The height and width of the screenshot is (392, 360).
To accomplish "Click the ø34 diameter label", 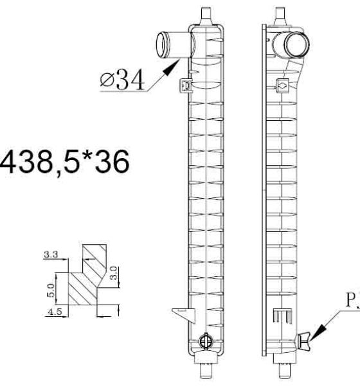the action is (x=122, y=80).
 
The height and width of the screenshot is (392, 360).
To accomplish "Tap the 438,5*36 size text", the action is (x=64, y=162).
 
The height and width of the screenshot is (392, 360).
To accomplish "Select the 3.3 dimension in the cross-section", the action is (x=51, y=254).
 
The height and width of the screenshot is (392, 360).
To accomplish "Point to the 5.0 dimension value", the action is (x=51, y=290).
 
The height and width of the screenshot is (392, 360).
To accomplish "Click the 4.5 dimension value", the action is (x=55, y=312).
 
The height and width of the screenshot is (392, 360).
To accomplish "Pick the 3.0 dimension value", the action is (x=113, y=273).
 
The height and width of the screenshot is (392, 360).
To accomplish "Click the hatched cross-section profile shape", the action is (x=87, y=274).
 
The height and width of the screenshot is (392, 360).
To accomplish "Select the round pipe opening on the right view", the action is (x=297, y=45).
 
